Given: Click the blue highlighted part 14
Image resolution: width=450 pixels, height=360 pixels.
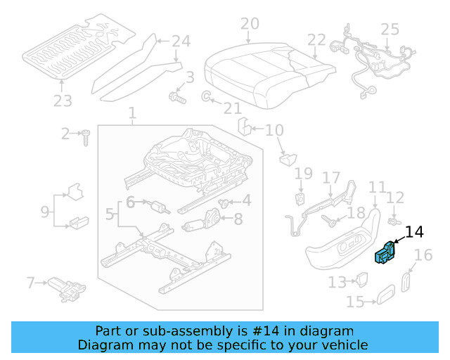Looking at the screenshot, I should click(385, 253).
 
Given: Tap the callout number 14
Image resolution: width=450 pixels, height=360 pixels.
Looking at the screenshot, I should click(415, 231).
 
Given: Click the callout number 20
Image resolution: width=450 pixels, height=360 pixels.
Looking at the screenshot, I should click(250, 24).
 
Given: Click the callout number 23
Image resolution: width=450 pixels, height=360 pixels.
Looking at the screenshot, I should click(63, 101).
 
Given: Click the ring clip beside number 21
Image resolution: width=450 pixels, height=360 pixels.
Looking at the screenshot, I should click(208, 96).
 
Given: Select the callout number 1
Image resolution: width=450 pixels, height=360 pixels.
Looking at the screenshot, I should click(132, 113).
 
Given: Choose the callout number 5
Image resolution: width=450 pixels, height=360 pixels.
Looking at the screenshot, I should click(109, 213).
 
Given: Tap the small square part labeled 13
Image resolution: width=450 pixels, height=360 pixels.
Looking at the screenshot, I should click(364, 281).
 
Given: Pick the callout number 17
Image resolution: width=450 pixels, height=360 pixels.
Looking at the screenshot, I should click(330, 176).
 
